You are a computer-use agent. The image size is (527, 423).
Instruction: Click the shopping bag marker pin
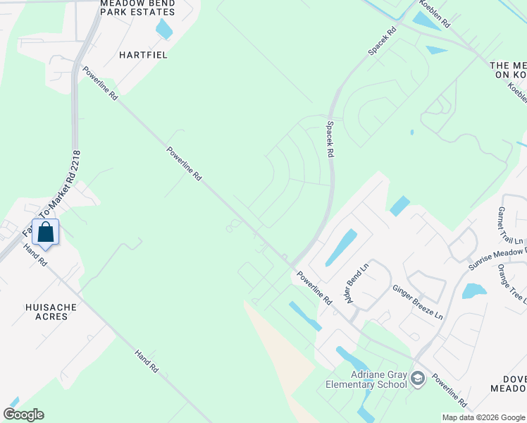tap(46, 233)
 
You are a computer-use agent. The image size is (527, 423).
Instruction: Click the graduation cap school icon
tap(417, 379)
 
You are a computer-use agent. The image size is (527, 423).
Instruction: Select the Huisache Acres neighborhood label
tap(47, 311)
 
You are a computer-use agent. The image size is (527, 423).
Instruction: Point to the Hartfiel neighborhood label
tap(143, 54)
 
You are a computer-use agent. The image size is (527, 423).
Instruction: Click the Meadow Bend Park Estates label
tap(137, 8)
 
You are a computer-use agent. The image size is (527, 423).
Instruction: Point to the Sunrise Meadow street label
tap(497, 259)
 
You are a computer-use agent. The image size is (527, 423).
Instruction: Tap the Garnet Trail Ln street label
tap(507, 226)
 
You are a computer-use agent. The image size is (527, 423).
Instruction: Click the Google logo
tap(23, 414)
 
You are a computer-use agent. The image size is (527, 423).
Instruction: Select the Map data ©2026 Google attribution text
tap(483, 417)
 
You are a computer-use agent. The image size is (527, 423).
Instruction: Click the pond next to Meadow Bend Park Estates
tap(164, 29)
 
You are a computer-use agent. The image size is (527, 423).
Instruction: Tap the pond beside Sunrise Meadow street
tap(474, 290)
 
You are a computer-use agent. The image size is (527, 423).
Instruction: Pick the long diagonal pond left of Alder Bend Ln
tap(341, 247)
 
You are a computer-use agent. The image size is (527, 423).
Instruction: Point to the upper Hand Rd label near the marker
tap(34, 255)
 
